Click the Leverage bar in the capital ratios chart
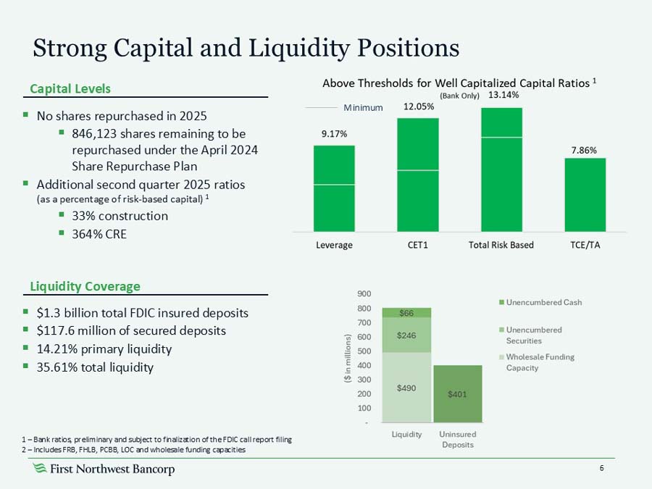[x=334, y=188]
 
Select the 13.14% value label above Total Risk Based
[x=502, y=95]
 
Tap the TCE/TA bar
[x=585, y=194]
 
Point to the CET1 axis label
[x=417, y=245]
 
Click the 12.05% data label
[x=419, y=106]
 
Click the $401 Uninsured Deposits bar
[x=457, y=394]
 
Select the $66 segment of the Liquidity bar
[x=406, y=312]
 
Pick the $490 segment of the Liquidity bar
[x=406, y=387]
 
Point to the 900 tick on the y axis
[x=364, y=294]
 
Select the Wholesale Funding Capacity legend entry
[x=539, y=362]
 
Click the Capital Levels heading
[x=70, y=88]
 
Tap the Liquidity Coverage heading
[x=85, y=286]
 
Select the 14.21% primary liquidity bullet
[x=104, y=349]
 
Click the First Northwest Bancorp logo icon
[x=41, y=469]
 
